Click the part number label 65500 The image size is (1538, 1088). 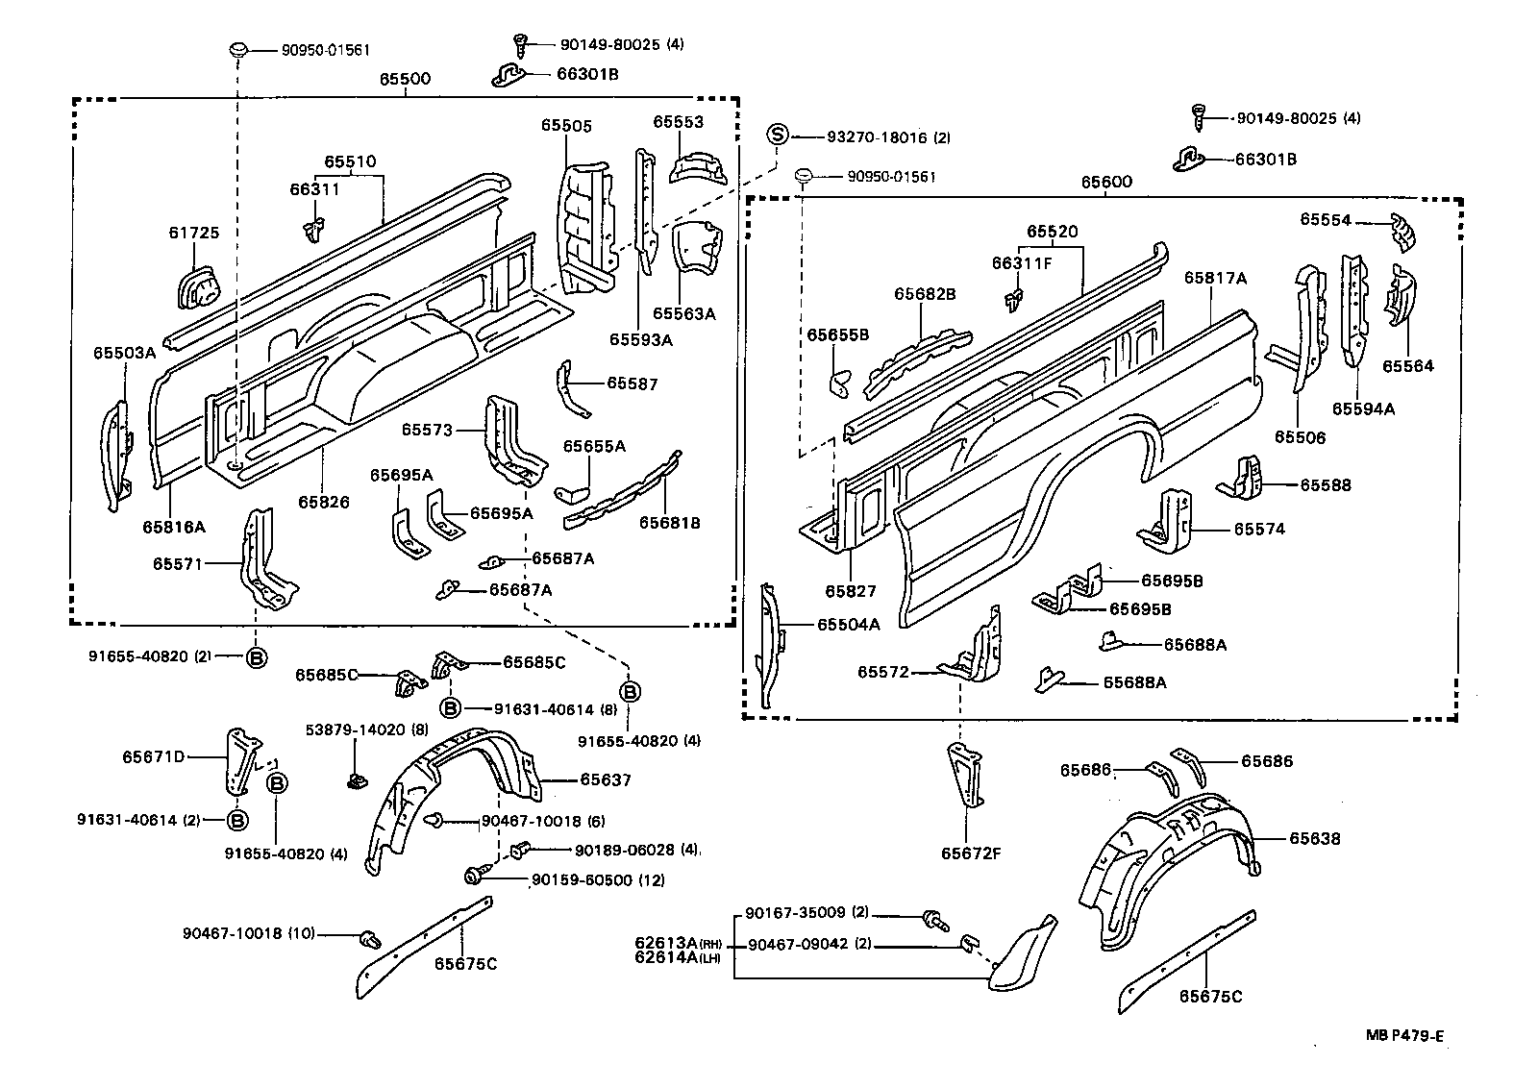click(404, 80)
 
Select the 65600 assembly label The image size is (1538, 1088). click(1105, 182)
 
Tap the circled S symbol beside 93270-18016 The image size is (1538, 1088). click(778, 136)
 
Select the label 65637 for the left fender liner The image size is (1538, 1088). click(606, 779)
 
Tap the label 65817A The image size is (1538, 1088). click(1215, 278)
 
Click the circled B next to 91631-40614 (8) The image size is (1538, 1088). click(450, 708)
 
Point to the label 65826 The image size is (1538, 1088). click(323, 502)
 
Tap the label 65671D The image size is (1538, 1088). click(153, 756)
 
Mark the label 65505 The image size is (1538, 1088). click(566, 125)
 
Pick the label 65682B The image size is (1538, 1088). click(925, 294)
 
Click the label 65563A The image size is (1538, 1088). click(684, 313)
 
